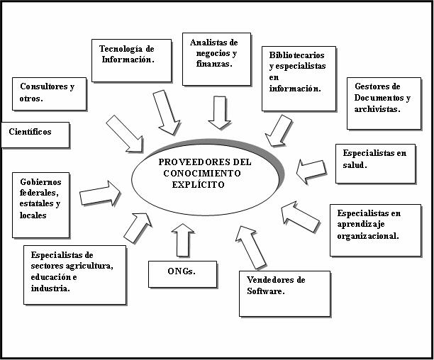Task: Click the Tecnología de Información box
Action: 131,60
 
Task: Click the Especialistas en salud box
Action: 375,164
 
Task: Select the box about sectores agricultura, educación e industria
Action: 74,275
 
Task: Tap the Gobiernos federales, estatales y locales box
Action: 40,203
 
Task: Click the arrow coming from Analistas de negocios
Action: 219,112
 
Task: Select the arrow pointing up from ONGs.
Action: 183,240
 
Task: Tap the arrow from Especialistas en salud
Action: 311,170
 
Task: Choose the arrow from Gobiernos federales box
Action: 100,193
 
